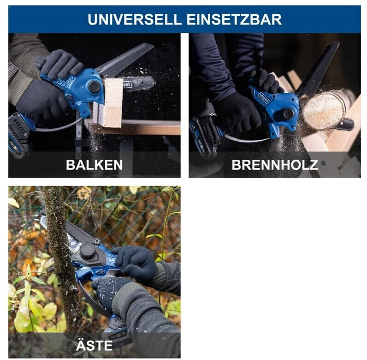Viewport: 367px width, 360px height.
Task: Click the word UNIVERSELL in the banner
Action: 135,19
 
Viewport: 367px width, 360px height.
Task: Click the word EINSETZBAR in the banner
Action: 234,19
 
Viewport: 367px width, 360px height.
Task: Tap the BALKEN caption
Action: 95,165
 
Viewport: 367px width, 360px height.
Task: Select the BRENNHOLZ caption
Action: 275,165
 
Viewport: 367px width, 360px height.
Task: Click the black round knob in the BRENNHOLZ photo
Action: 288,114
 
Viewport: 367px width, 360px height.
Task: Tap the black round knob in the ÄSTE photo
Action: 88,251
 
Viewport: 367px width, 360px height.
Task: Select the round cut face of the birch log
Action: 323,111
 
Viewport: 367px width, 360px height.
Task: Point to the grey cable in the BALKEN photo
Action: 59,126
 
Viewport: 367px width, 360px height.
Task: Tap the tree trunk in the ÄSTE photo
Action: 59,258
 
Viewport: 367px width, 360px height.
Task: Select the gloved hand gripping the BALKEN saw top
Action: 59,63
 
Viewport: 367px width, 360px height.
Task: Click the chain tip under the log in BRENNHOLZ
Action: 345,124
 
